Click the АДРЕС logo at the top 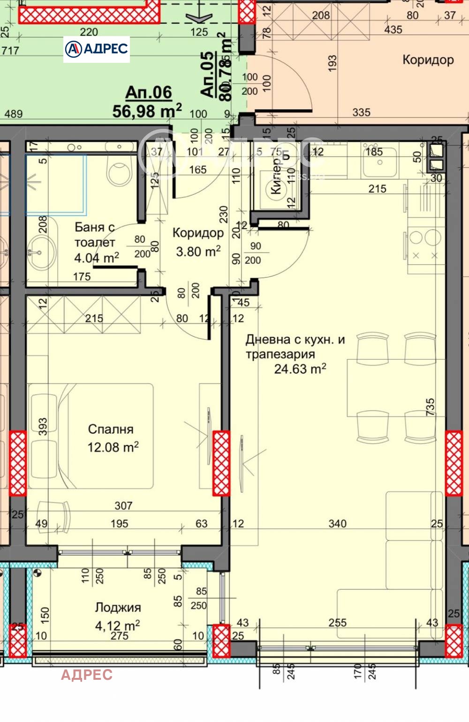pos(97,49)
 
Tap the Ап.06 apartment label pos(149,92)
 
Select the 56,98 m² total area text pos(147,112)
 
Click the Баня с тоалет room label pos(95,234)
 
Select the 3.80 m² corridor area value pos(198,252)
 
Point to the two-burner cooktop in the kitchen pos(424,246)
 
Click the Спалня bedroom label pos(111,429)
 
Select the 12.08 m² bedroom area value pos(113,447)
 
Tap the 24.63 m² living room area pos(300,369)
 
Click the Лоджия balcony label pos(118,608)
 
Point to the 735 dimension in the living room pos(430,407)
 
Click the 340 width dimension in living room pos(337,523)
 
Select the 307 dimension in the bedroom pos(123,505)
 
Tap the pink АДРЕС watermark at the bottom pos(87,675)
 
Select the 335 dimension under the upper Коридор pos(361,113)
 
